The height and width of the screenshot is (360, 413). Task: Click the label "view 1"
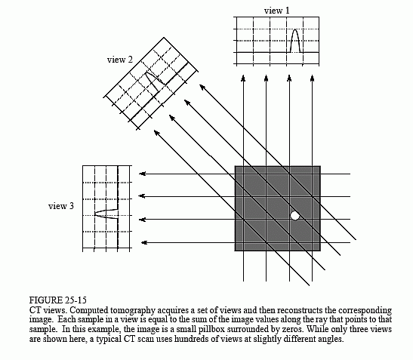point(277,11)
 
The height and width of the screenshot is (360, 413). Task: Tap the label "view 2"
point(120,60)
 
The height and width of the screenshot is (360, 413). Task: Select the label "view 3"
point(61,206)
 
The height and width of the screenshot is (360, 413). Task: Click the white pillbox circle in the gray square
point(295,216)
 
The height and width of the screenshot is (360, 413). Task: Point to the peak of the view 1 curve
point(295,29)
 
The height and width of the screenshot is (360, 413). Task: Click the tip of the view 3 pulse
point(95,214)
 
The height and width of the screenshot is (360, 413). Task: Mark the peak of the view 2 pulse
point(146,72)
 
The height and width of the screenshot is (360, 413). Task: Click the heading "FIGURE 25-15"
point(57,300)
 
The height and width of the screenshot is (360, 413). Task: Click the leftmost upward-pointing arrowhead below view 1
point(243,78)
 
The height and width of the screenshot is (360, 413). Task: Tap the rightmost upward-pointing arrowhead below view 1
point(312,78)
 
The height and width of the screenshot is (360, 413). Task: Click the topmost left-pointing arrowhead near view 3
point(142,174)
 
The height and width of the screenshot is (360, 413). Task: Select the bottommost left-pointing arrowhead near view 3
point(144,242)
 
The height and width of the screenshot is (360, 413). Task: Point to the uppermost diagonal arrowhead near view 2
point(202,87)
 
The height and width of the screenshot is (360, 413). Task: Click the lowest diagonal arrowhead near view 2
point(156,133)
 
